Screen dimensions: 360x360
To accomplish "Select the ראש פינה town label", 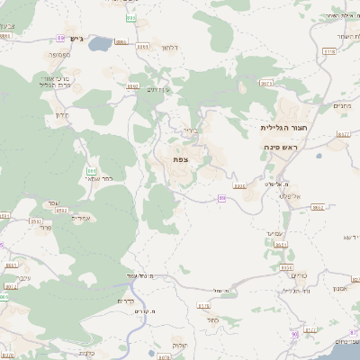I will (282, 145).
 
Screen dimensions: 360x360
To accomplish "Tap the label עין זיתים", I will (158, 88).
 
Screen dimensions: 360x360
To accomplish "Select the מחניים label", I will (341, 107).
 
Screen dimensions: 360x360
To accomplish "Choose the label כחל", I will (212, 319).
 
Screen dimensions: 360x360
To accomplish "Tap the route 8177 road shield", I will (342, 133).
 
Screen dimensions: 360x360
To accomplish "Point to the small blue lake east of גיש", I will (98, 42).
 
